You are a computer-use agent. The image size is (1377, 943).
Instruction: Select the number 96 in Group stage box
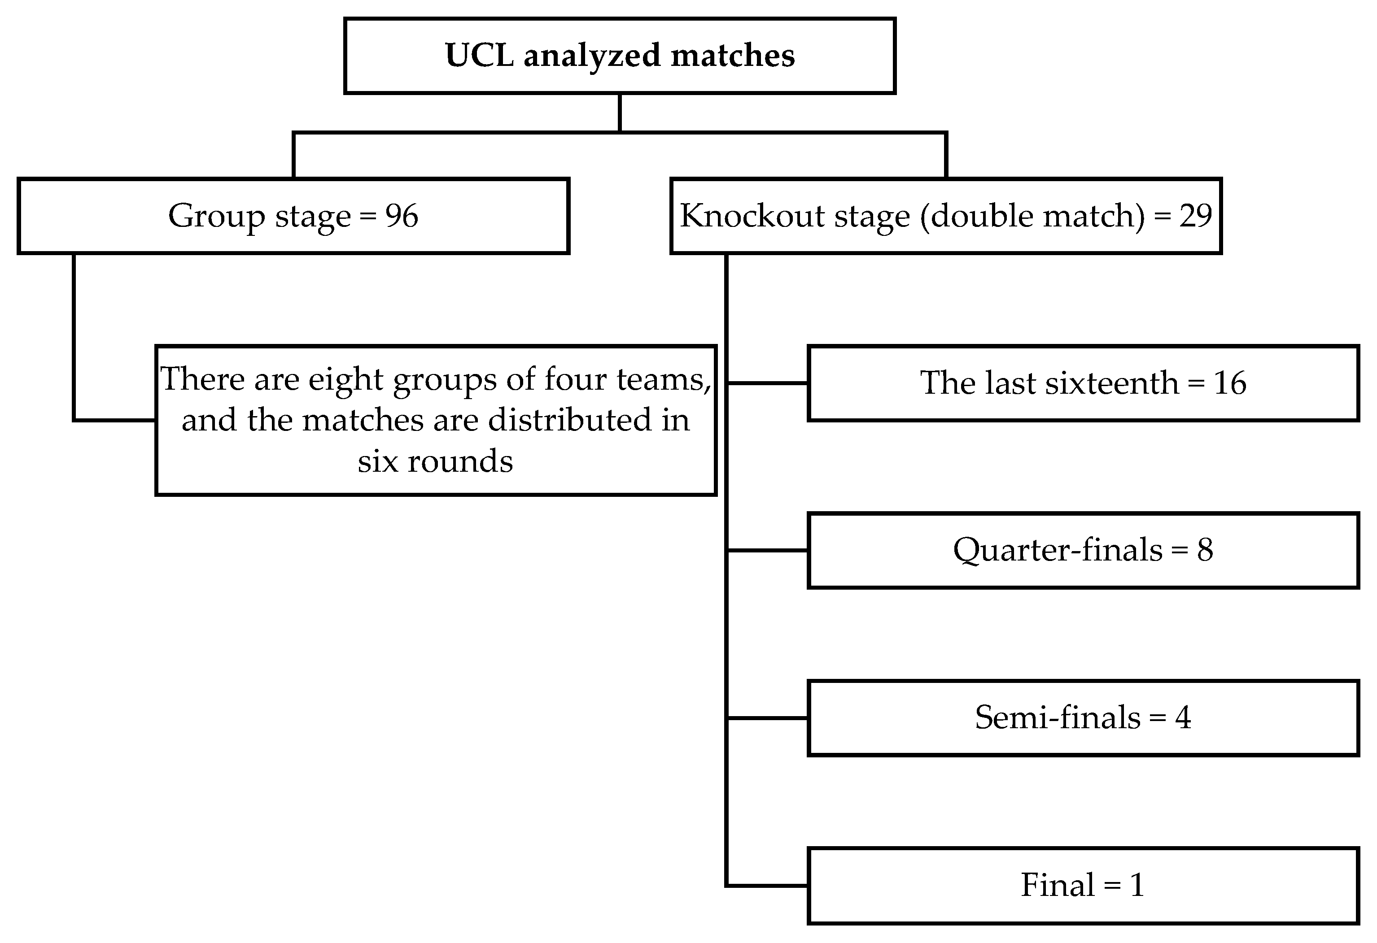tap(402, 216)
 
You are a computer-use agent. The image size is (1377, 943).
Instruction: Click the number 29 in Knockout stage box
tap(1195, 216)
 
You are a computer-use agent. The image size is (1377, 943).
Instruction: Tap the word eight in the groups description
tap(345, 379)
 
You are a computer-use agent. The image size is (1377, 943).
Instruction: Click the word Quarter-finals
tap(1057, 550)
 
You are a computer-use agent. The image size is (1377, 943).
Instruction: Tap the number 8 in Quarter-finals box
tap(1205, 550)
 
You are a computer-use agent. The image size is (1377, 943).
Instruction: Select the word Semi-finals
tap(1057, 717)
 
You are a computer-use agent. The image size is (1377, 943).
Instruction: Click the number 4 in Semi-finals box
tap(1183, 717)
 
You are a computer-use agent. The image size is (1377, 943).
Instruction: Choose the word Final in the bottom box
tap(1057, 885)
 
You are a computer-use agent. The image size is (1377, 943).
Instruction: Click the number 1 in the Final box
tap(1137, 885)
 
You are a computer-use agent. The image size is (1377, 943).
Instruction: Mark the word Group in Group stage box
tap(216, 216)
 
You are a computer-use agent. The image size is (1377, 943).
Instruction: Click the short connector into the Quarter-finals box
tap(767, 550)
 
